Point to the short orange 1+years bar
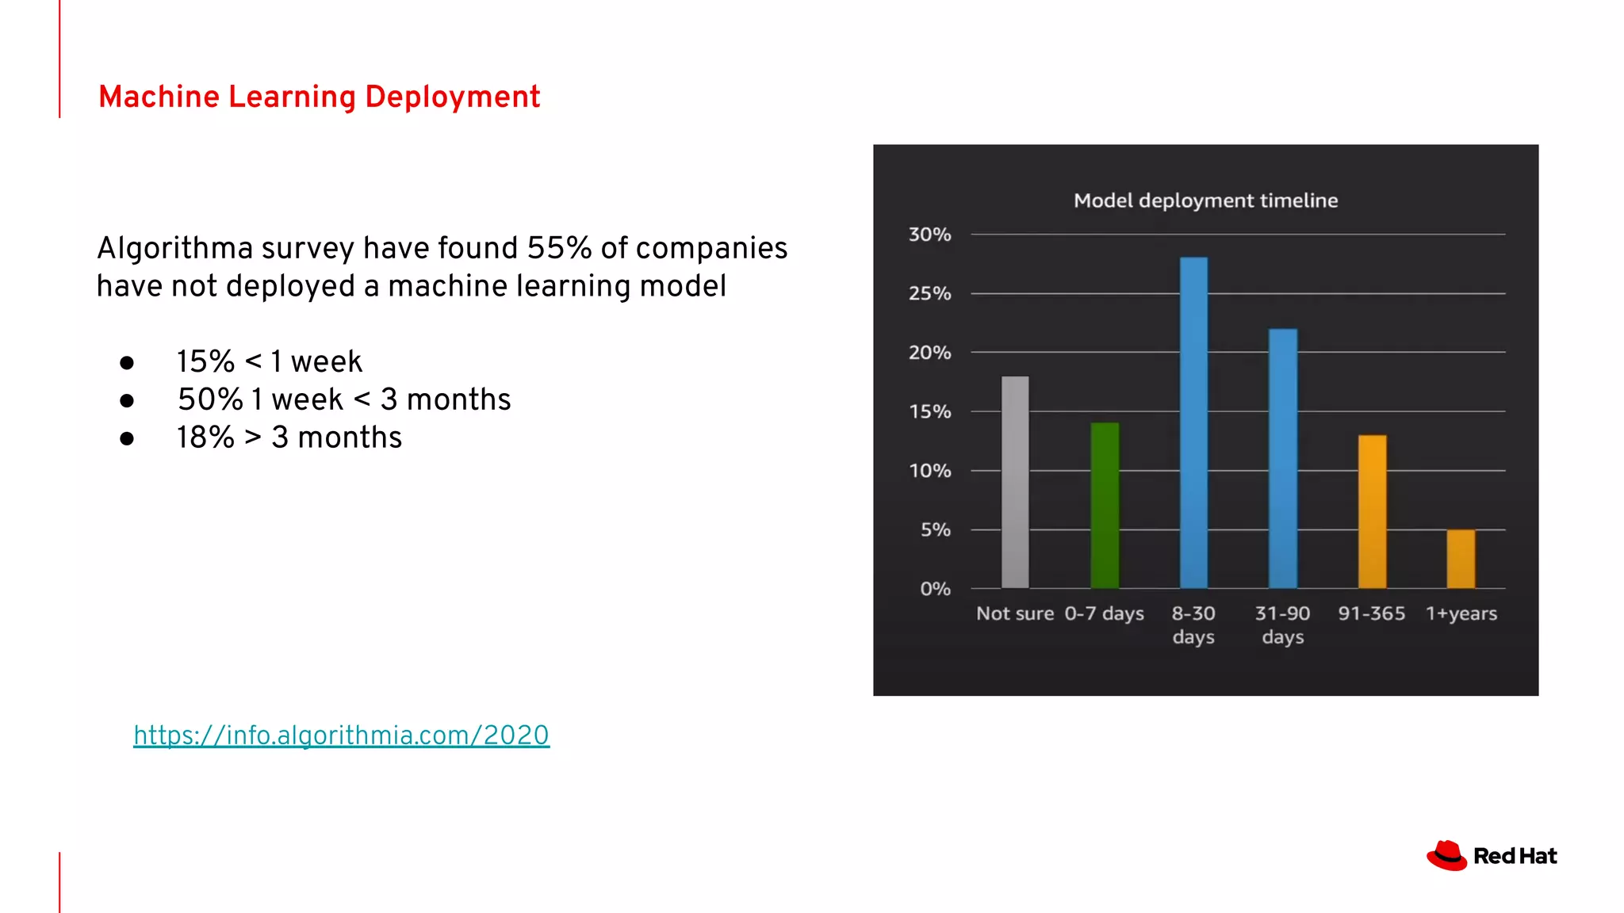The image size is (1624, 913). coord(1461,559)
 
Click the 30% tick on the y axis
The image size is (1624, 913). coord(929,235)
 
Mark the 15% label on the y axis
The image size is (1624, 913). coord(929,411)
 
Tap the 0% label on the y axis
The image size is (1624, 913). coord(935,589)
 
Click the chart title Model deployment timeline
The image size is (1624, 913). coord(1205,201)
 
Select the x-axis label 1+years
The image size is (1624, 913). coord(1461,613)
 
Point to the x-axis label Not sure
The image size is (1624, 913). coord(1014,613)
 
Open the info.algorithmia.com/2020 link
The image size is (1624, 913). coord(341,735)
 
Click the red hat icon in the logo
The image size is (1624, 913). coord(1446,856)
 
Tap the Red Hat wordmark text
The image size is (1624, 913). coord(1515,856)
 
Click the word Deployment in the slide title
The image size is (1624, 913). coord(452,97)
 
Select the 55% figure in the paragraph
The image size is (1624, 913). coord(559,248)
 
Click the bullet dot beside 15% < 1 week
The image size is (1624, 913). coord(127,363)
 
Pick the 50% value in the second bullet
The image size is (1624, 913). coord(209,399)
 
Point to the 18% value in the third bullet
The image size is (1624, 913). coord(205,437)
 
